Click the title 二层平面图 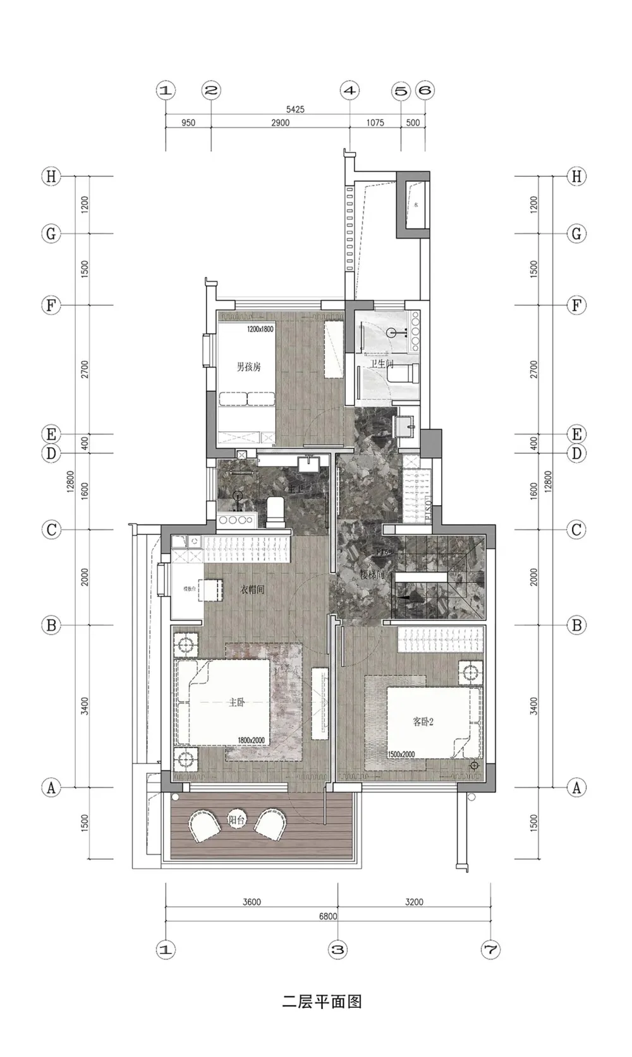[x=322, y=1001]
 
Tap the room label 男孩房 [x=248, y=366]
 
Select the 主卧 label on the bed [x=236, y=702]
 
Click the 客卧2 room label [x=423, y=721]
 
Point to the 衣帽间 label [x=252, y=590]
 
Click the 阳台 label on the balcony [x=236, y=820]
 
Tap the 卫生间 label [x=382, y=364]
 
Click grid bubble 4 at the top [x=349, y=90]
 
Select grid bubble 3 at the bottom [x=338, y=949]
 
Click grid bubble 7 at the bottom [x=490, y=949]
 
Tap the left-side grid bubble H [x=51, y=176]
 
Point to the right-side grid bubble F [x=576, y=306]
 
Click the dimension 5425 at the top [x=295, y=109]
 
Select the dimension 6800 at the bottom [x=327, y=916]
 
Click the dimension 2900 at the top [x=280, y=123]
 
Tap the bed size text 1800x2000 [x=251, y=741]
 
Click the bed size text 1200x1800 [x=260, y=329]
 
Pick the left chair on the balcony [x=204, y=825]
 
